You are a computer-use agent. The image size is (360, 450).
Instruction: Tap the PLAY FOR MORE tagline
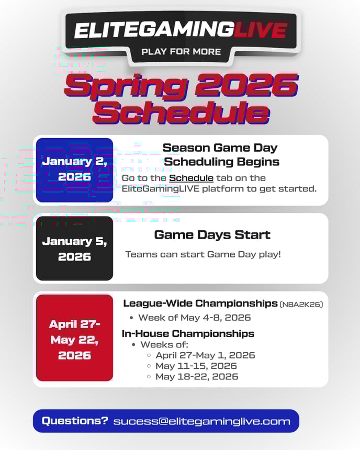181,52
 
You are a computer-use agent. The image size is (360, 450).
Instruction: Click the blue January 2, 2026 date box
74,170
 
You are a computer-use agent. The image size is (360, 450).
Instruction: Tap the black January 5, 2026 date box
74,249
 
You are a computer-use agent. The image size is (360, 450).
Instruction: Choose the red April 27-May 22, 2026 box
74,339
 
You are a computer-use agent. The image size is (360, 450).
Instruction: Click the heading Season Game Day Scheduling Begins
220,155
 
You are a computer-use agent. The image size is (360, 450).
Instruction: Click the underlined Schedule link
191,178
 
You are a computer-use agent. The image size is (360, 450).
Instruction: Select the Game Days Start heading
212,235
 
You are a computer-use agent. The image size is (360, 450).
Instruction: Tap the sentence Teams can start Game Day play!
203,254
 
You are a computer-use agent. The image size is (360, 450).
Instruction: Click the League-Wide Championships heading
200,303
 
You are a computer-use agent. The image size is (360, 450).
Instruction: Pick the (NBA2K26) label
301,305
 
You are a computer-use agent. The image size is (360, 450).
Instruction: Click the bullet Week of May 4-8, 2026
194,318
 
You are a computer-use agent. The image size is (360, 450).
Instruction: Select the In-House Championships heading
188,333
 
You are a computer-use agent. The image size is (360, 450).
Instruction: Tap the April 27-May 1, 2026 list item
205,355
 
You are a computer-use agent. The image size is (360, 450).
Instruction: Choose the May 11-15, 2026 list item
196,366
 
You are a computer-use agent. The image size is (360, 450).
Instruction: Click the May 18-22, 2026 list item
196,376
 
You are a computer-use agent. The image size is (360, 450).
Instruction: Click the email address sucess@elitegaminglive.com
201,421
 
